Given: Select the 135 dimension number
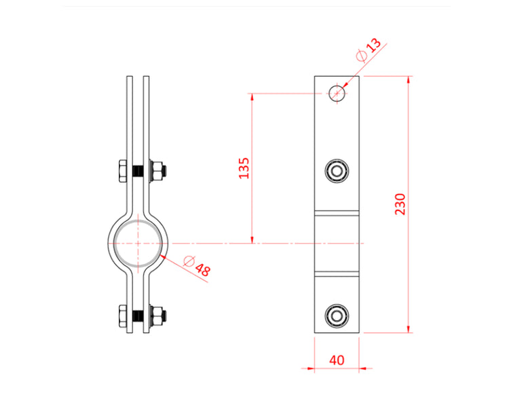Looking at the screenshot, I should pos(244,168).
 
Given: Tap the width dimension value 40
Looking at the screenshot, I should pos(337,360).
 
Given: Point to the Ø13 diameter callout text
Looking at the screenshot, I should pos(369,51).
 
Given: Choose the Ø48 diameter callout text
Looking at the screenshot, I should pos(197,266).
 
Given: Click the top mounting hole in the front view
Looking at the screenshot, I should pos(337,93).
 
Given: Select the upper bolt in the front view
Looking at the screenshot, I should pos(337,170).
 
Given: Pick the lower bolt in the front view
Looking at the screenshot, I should pos(337,315).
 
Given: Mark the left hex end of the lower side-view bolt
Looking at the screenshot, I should pos(122,316).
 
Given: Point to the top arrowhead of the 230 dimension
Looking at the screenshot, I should pos(408,79).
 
